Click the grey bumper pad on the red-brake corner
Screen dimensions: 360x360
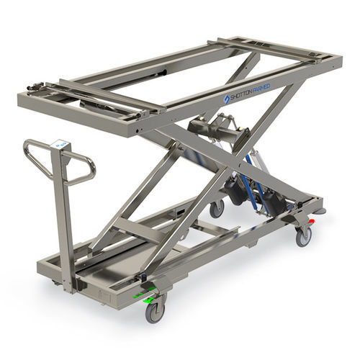tap(318, 211)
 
